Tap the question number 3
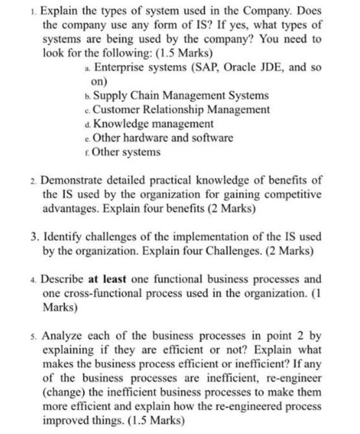pos(33,237)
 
